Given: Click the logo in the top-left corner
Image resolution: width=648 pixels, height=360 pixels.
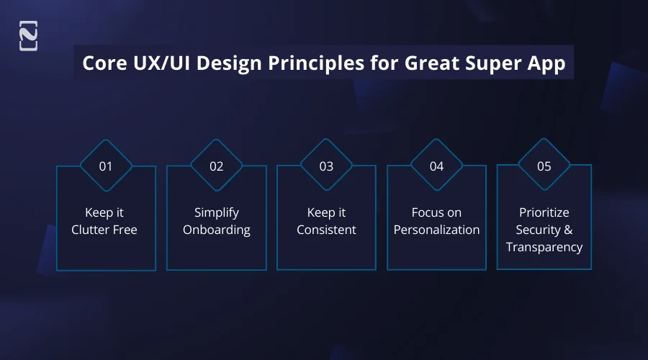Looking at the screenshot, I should tap(28, 36).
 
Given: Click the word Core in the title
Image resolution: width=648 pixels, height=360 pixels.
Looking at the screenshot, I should tap(103, 63).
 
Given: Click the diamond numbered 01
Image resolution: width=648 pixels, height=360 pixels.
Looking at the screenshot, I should tap(106, 166).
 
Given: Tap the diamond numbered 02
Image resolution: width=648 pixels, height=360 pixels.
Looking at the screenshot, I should tap(217, 166).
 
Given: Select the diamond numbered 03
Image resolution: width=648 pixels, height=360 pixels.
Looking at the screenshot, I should tap(326, 166).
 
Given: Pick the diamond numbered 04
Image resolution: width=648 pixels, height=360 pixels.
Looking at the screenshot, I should tap(437, 166).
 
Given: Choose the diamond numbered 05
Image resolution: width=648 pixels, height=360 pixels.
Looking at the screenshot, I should tap(544, 166).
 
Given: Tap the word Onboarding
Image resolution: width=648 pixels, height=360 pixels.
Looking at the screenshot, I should tap(217, 230).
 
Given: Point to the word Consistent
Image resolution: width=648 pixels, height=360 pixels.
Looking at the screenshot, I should tap(326, 230).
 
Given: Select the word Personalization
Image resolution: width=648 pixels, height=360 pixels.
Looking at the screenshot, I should tap(437, 230).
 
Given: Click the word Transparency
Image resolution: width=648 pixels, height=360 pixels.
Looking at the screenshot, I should tap(544, 247).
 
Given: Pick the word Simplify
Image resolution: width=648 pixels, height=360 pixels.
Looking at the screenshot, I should tap(217, 212).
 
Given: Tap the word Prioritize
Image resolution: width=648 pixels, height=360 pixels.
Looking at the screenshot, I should tap(544, 212).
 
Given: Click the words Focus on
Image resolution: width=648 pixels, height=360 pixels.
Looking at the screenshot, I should tap(437, 212).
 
